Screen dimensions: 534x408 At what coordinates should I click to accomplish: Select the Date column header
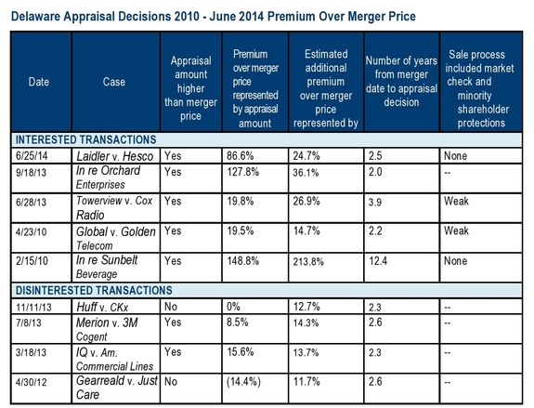pyautogui.click(x=39, y=82)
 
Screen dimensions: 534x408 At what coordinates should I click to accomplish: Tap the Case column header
pyautogui.click(x=114, y=82)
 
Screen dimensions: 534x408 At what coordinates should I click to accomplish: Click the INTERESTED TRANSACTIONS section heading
pyautogui.click(x=86, y=139)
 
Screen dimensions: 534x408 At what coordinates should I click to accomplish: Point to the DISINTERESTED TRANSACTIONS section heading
pyautogui.click(x=94, y=290)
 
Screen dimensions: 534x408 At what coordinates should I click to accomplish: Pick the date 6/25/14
pyautogui.click(x=32, y=156)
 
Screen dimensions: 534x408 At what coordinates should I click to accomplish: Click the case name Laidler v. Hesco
pyautogui.click(x=115, y=156)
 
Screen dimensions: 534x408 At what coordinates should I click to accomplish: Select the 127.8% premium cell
pyautogui.click(x=242, y=172)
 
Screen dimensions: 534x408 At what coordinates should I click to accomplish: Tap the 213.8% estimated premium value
pyautogui.click(x=308, y=261)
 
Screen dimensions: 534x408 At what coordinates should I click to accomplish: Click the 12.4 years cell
pyautogui.click(x=378, y=261)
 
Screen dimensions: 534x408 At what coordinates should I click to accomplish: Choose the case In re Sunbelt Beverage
pyautogui.click(x=107, y=267)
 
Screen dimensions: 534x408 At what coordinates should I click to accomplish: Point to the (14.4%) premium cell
pyautogui.click(x=243, y=382)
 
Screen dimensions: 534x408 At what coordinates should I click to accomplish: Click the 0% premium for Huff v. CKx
pyautogui.click(x=233, y=307)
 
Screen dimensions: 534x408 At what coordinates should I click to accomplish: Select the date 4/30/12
pyautogui.click(x=31, y=382)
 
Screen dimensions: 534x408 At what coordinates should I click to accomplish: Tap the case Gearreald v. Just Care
pyautogui.click(x=117, y=388)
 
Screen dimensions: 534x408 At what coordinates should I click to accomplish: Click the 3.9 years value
pyautogui.click(x=374, y=202)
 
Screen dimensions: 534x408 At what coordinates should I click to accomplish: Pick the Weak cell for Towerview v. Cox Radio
pyautogui.click(x=456, y=201)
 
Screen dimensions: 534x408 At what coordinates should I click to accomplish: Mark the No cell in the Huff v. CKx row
pyautogui.click(x=171, y=307)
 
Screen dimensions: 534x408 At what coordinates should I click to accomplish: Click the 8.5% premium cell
pyautogui.click(x=238, y=322)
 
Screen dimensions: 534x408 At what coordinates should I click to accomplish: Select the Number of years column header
pyautogui.click(x=401, y=82)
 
